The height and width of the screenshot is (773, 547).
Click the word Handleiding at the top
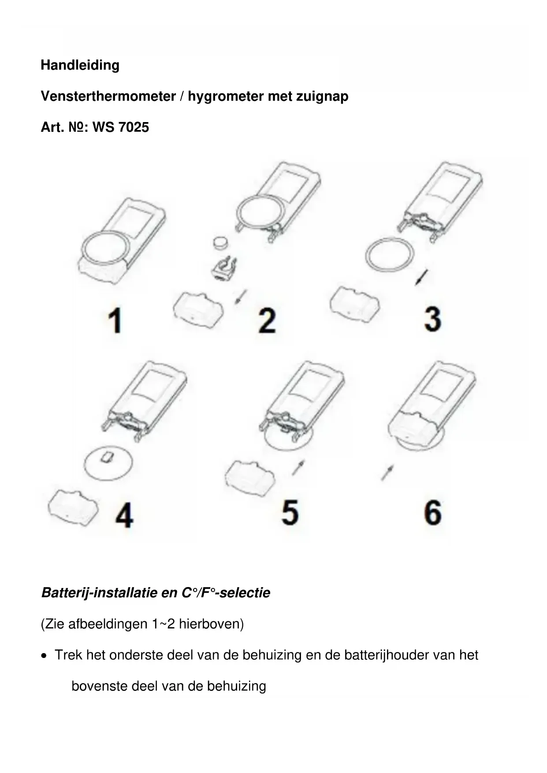click(x=80, y=65)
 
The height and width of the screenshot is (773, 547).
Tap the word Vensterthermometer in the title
click(x=108, y=96)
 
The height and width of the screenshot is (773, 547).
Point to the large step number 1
click(x=115, y=320)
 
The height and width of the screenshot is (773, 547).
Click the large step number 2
click(x=267, y=320)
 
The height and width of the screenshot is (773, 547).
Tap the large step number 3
click(x=432, y=319)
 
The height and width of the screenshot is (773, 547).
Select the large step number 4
click(x=124, y=516)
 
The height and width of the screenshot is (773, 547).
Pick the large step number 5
click(x=290, y=512)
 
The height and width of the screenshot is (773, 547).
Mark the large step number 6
click(x=433, y=512)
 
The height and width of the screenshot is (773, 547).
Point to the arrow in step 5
click(x=298, y=468)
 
